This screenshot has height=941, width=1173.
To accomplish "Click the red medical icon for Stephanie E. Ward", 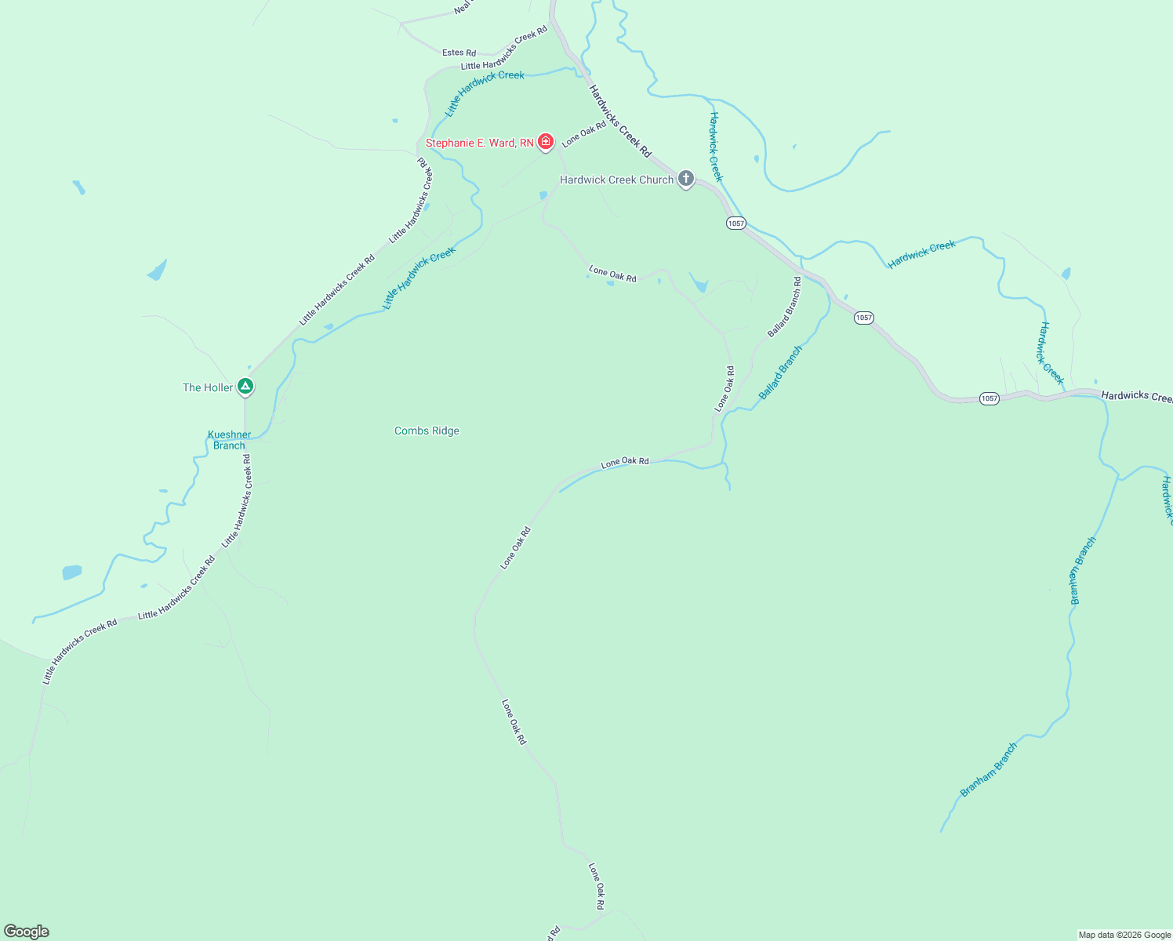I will [x=546, y=142].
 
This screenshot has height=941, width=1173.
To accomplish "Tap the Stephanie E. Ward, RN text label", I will [x=479, y=143].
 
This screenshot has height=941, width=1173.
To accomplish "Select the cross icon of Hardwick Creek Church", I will [x=685, y=179].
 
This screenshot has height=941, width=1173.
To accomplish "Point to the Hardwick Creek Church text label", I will [x=616, y=180].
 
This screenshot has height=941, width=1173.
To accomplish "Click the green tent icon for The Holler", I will [x=245, y=387].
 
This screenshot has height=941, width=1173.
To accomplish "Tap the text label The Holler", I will [x=208, y=387].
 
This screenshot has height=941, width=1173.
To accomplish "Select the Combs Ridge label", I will [x=427, y=431].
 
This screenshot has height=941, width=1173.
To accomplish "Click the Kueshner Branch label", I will [x=229, y=440].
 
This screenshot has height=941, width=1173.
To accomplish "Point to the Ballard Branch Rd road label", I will [x=784, y=307].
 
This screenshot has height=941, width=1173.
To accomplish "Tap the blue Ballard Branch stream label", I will [x=780, y=372].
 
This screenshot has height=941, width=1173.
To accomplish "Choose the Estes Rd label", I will [x=459, y=53].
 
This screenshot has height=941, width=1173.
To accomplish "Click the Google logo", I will [x=26, y=932].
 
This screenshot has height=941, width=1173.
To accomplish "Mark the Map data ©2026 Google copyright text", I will [x=1124, y=935].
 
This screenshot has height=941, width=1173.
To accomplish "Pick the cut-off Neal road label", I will [x=462, y=8].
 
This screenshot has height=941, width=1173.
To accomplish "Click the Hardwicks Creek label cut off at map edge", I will [x=1136, y=396].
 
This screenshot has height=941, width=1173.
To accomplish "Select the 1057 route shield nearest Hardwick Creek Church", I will [x=735, y=223].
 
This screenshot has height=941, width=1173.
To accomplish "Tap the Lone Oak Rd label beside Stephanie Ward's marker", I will [x=583, y=133].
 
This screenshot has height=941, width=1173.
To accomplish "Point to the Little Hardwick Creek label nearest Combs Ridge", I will [x=419, y=278].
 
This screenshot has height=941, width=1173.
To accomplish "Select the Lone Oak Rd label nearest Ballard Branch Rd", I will [x=724, y=389].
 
